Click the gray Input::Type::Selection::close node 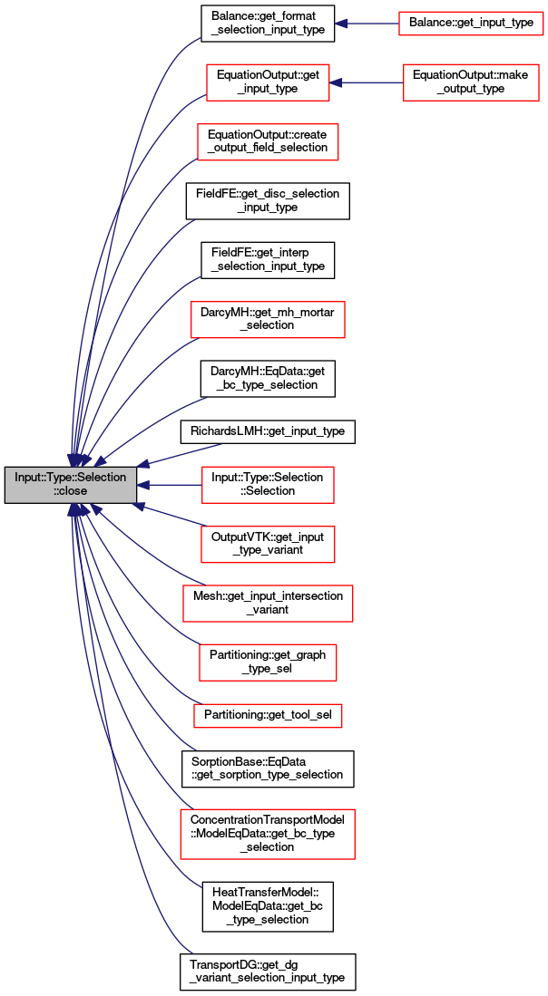pos(71,485)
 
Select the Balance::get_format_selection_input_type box pos(268,24)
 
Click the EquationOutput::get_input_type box pos(268,82)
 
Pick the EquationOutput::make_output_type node pos(470,82)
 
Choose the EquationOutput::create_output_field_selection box pos(268,141)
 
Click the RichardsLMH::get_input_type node pos(268,431)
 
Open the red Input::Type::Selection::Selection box pos(268,485)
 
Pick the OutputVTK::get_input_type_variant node pos(268,545)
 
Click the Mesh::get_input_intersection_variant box pos(268,604)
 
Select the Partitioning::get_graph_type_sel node pos(268,662)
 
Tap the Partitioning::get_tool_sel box pos(268,716)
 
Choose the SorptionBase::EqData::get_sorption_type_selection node pos(268,769)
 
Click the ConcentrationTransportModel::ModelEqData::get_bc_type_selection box pos(268,834)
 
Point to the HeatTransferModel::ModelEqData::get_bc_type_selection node pos(268,906)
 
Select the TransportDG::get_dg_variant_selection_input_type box pos(268,972)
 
